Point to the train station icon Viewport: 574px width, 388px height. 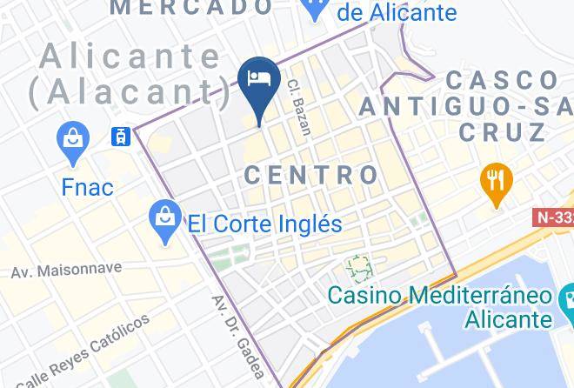coord(120,137)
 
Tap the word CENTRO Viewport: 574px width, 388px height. coord(311,175)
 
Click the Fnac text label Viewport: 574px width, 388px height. coord(87,187)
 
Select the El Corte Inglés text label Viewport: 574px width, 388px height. coord(265,224)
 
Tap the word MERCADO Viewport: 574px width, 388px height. coord(192,8)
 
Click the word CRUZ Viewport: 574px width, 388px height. coord(503,132)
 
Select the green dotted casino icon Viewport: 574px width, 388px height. coord(357,264)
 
